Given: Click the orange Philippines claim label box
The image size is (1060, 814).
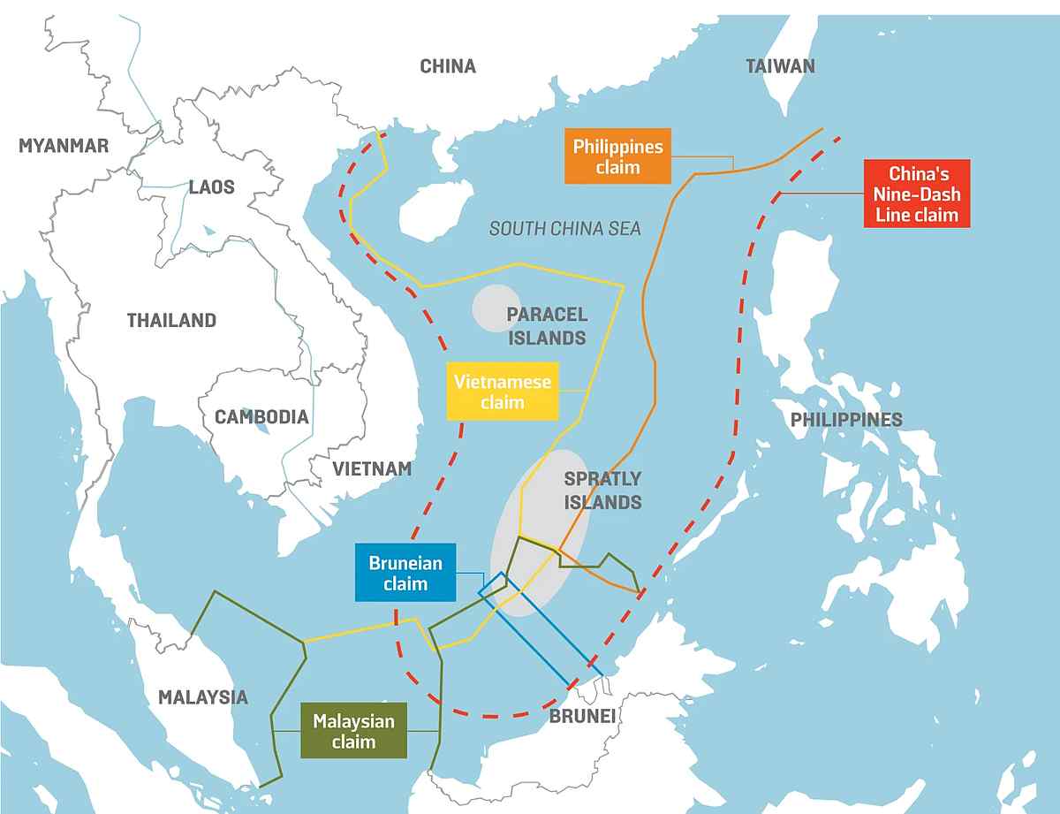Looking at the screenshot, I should (617, 156).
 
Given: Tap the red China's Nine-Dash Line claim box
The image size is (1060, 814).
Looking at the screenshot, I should (918, 194).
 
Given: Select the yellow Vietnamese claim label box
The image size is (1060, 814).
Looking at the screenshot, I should (502, 392).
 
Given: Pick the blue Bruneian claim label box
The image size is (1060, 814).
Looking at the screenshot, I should (405, 573).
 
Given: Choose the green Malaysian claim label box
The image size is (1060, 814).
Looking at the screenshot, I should (353, 731).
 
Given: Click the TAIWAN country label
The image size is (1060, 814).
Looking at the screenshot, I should (780, 66).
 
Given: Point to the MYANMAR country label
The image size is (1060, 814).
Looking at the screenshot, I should (64, 146).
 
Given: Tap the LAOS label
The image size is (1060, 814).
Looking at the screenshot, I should (211, 186).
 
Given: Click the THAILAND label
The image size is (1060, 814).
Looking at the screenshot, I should (171, 320).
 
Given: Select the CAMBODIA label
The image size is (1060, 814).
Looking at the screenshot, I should (261, 416).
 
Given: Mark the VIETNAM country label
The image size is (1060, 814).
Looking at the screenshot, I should (372, 468).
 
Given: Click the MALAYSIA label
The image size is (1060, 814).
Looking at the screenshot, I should (203, 696).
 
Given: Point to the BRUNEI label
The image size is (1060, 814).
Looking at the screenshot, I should (581, 715).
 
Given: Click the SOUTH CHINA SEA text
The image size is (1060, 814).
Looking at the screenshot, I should (565, 229).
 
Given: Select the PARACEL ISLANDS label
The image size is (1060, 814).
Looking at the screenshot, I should (546, 326).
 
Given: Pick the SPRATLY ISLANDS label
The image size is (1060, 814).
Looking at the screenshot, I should (602, 491).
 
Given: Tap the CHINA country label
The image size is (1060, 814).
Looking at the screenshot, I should (447, 66).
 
